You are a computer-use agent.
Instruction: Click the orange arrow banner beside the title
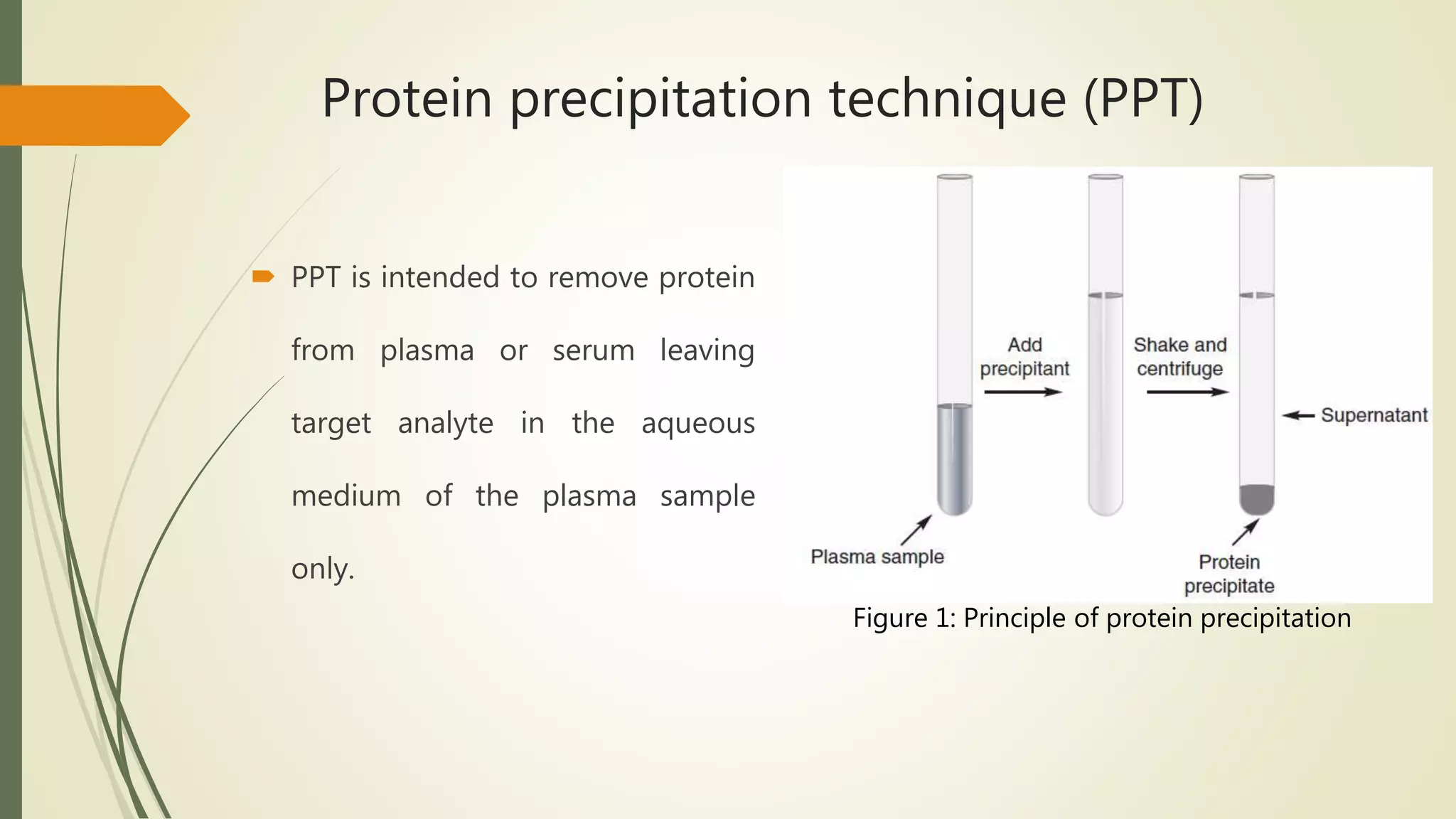tap(92, 115)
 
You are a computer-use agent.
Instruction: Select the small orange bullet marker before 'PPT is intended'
tap(263, 277)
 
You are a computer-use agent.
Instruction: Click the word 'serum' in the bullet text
tap(594, 350)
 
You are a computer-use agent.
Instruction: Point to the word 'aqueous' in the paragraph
tap(697, 423)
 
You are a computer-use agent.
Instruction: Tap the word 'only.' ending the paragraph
tap(323, 569)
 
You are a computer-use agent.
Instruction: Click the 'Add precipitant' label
tap(1024, 357)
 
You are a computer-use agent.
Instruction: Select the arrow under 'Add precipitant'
tap(1022, 392)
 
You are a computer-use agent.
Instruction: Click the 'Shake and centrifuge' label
tap(1179, 357)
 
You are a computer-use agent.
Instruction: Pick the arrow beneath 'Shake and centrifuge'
tap(1187, 392)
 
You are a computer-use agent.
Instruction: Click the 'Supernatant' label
tap(1374, 415)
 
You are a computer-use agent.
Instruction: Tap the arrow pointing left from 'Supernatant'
tap(1298, 416)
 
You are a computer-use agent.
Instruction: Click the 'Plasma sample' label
tap(877, 557)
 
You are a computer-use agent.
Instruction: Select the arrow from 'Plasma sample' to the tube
tap(916, 530)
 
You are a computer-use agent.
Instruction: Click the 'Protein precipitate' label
tap(1229, 574)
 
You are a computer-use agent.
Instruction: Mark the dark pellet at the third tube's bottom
tap(1256, 499)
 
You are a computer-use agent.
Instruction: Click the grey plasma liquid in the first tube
tap(954, 459)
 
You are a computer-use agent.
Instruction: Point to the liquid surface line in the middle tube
tap(1106, 295)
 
